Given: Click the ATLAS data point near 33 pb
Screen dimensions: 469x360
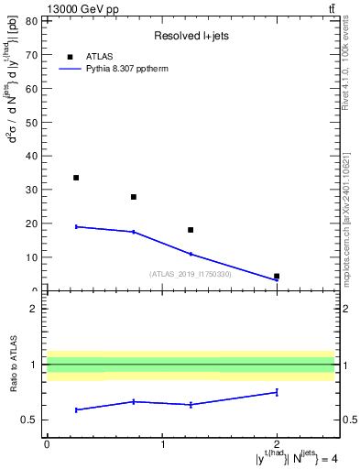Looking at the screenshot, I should pos(76,178).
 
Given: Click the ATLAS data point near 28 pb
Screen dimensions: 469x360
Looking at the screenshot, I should pos(134,197).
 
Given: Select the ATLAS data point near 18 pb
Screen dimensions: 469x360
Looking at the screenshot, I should pos(191,230).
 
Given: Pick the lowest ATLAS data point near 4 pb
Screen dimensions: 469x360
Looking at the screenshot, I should pos(277,276).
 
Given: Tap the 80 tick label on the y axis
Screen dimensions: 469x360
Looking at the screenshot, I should pos(30,20).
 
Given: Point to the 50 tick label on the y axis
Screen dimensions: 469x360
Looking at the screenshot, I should pos(30,122).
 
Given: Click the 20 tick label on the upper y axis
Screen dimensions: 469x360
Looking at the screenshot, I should pos(30,224).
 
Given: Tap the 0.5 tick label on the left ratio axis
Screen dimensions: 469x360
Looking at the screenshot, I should pos(28,420).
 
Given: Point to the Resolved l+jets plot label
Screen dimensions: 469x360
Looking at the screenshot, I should pos(185,37).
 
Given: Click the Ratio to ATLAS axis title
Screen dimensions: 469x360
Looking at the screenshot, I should pos(13,365).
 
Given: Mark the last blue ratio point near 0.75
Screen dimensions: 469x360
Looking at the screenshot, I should pos(277,392).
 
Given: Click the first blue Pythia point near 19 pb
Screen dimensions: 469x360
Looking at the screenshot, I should pos(76,226).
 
